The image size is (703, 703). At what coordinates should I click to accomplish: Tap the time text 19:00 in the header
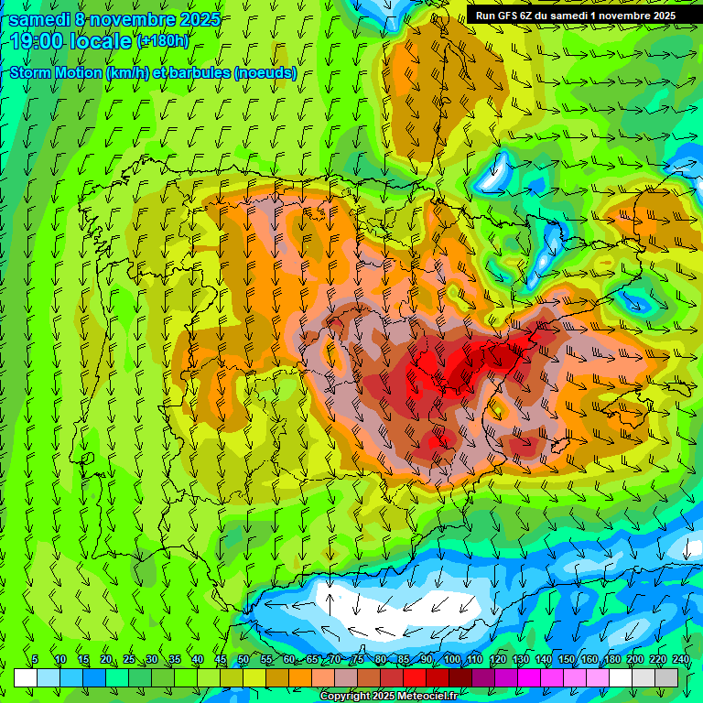click(42, 41)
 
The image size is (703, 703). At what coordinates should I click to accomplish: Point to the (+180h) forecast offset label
click(164, 40)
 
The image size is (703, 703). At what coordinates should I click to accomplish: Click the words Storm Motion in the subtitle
click(56, 73)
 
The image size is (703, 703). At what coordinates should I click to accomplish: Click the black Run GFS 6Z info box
click(575, 15)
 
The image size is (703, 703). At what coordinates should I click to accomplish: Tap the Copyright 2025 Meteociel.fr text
click(389, 697)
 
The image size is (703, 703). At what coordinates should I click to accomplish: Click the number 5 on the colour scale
click(35, 660)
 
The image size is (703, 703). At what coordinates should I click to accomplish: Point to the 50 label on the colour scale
click(243, 660)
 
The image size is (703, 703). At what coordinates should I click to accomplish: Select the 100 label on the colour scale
click(451, 660)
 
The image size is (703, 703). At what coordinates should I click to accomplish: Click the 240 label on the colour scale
click(681, 660)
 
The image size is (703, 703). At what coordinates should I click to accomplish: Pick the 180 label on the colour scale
click(611, 660)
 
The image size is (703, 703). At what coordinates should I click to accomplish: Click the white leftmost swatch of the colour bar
click(26, 677)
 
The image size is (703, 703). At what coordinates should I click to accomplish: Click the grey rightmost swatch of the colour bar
click(666, 677)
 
